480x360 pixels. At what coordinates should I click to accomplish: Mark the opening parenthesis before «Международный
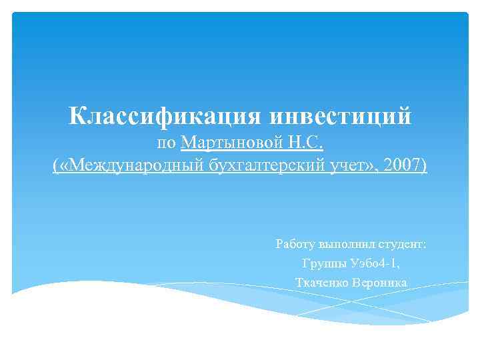55,165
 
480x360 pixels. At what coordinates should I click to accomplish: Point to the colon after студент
424,245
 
